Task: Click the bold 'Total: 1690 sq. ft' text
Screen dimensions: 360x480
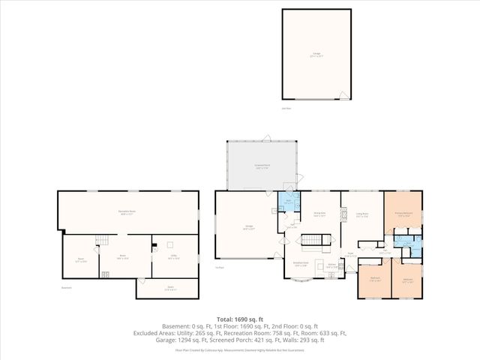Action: [x=239, y=319]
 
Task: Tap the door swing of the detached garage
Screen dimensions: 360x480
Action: [x=343, y=96]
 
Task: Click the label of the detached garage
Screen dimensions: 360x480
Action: [x=316, y=55]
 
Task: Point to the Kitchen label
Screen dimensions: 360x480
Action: [x=330, y=265]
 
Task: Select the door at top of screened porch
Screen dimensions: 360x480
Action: [x=265, y=137]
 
